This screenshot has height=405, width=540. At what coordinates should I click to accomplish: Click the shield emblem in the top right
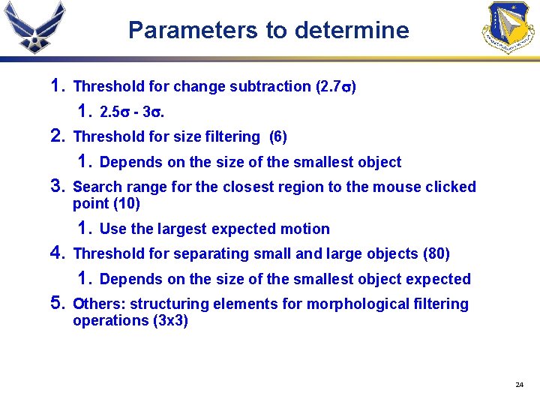[x=509, y=27]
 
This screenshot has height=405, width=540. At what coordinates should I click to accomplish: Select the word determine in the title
[x=352, y=30]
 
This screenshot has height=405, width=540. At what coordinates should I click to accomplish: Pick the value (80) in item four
[x=436, y=254]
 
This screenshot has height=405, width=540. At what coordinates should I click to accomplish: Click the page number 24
[x=519, y=385]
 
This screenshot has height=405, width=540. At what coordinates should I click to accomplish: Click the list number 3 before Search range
[x=57, y=186]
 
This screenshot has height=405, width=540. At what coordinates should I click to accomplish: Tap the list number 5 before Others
[x=57, y=304]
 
